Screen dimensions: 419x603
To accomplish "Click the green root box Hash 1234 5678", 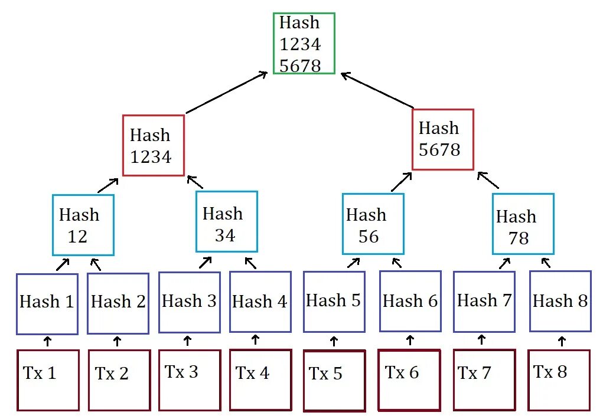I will [x=304, y=44].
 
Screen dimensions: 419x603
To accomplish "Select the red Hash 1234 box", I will [x=154, y=145].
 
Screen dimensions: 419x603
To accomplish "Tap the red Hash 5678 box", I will [x=443, y=139].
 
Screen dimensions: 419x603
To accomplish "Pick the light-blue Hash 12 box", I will [x=83, y=225].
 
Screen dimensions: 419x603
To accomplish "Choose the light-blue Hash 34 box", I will [x=227, y=222].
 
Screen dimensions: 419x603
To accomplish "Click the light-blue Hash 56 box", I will [x=373, y=224].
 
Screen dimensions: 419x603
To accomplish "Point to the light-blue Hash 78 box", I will [x=523, y=224].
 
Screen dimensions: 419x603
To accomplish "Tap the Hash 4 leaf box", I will [x=260, y=302].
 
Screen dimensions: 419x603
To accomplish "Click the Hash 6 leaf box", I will [x=410, y=301].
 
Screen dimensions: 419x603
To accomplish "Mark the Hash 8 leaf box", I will [x=560, y=301].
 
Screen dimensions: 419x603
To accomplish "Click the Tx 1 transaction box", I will [x=48, y=380].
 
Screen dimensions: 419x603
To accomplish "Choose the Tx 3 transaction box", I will [x=189, y=380].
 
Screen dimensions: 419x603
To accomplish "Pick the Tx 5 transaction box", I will [x=334, y=381].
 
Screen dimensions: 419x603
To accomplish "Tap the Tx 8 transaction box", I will [x=559, y=380].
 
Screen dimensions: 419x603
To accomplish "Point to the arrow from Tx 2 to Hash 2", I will [x=117, y=341].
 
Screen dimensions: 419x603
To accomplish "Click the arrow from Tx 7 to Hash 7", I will [x=482, y=339].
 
